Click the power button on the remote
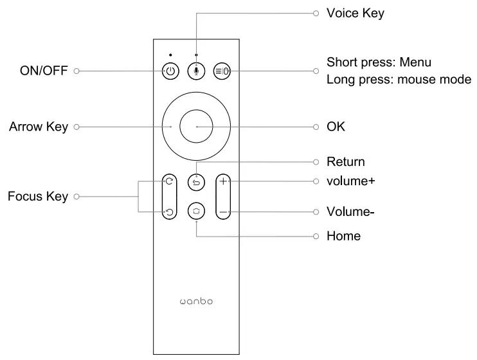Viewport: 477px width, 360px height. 170,71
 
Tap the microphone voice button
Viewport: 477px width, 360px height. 196,71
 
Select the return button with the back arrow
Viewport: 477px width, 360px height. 196,183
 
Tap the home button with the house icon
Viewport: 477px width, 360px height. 196,211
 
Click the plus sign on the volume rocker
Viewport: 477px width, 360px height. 223,182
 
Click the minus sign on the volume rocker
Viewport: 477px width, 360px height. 223,212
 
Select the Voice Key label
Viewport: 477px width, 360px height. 355,13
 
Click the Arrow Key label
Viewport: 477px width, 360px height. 39,127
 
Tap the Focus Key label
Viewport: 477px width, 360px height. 38,196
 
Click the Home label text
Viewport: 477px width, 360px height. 343,236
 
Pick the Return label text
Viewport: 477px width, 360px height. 345,161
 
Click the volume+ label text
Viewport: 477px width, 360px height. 351,181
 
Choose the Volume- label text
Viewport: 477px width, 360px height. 350,212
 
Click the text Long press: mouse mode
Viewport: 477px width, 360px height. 399,80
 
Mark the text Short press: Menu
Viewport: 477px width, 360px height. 379,62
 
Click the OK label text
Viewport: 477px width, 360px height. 336,127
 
